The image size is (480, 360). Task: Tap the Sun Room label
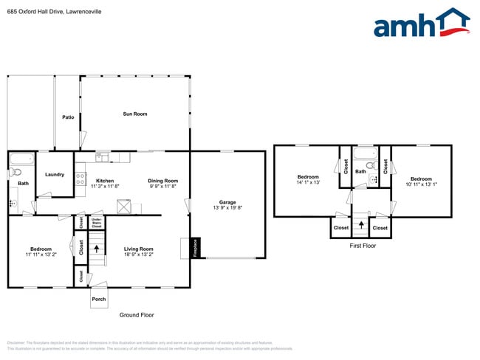135,114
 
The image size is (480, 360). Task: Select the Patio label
68,117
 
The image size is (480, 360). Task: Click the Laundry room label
55,175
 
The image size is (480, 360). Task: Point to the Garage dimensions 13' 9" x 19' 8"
227,209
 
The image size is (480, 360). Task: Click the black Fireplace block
194,247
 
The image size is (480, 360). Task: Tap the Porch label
99,299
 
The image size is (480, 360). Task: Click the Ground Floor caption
137,315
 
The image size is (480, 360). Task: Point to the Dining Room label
163,181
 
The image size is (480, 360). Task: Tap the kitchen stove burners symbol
80,179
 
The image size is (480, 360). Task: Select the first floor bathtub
365,153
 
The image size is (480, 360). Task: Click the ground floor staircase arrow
95,249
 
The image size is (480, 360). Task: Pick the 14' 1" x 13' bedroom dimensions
308,182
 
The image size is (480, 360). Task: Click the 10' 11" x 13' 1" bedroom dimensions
421,184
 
